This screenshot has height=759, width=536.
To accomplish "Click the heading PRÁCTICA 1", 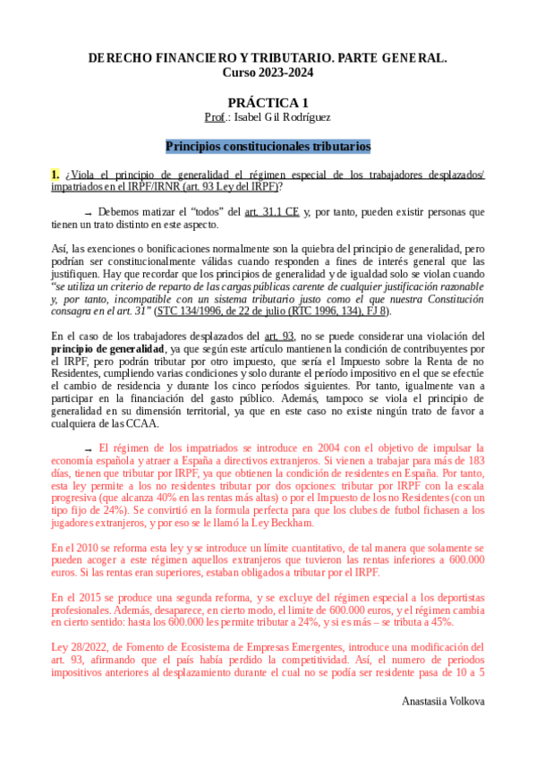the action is coord(268,103).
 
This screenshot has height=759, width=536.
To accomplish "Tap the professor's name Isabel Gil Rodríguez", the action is coord(279,117).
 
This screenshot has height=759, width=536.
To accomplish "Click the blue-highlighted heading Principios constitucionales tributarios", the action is coord(268,146).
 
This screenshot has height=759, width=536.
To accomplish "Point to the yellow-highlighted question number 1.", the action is coord(55,175).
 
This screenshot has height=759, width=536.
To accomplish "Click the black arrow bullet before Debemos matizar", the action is coord(88,213).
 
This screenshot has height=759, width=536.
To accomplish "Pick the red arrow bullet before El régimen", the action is coord(88,448).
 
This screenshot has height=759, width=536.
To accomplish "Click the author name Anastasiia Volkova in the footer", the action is coord(443,701).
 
